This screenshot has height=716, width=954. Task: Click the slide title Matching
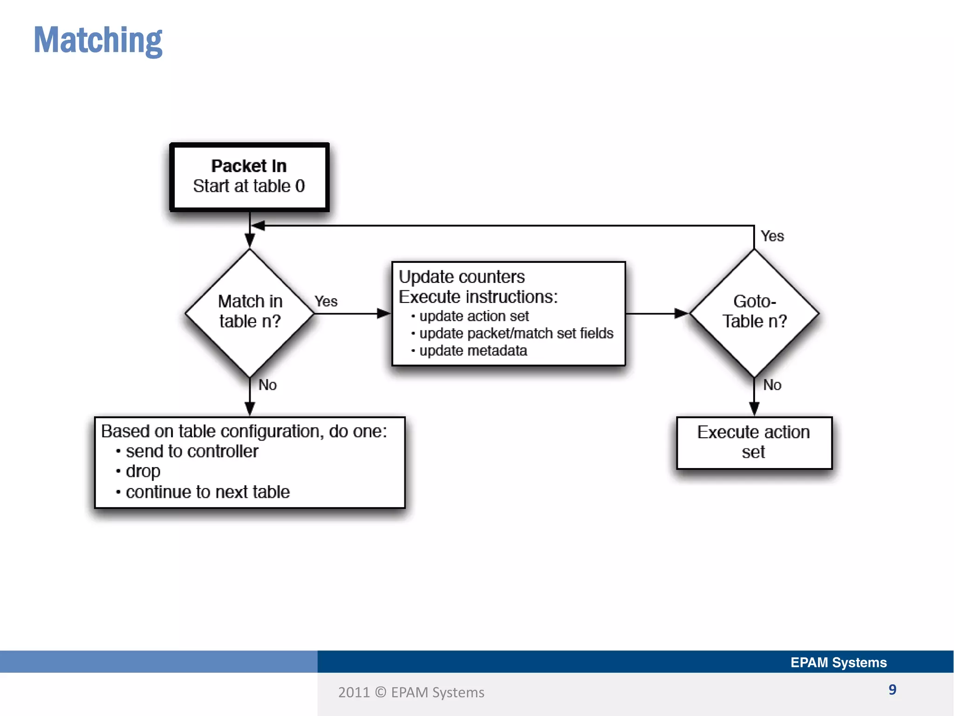click(98, 41)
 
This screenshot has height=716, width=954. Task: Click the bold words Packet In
click(249, 166)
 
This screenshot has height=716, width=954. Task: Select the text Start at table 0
click(249, 186)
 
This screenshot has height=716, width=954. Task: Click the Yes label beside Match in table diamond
click(326, 302)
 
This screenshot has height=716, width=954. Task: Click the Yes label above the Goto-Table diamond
click(772, 236)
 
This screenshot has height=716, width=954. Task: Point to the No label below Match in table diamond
click(267, 385)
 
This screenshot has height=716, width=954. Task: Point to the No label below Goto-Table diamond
click(772, 385)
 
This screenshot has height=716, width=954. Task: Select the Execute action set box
click(754, 442)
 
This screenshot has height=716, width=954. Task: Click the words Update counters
click(462, 277)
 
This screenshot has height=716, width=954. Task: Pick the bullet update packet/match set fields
click(516, 334)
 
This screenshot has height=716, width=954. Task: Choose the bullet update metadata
click(473, 351)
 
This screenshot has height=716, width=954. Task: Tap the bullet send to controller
click(191, 452)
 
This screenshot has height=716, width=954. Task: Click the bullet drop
click(143, 472)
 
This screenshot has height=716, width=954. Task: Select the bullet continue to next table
click(207, 492)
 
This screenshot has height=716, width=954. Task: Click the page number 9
click(892, 689)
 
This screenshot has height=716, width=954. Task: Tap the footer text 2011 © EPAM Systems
click(411, 693)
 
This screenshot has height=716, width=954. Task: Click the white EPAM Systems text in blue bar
click(838, 662)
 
